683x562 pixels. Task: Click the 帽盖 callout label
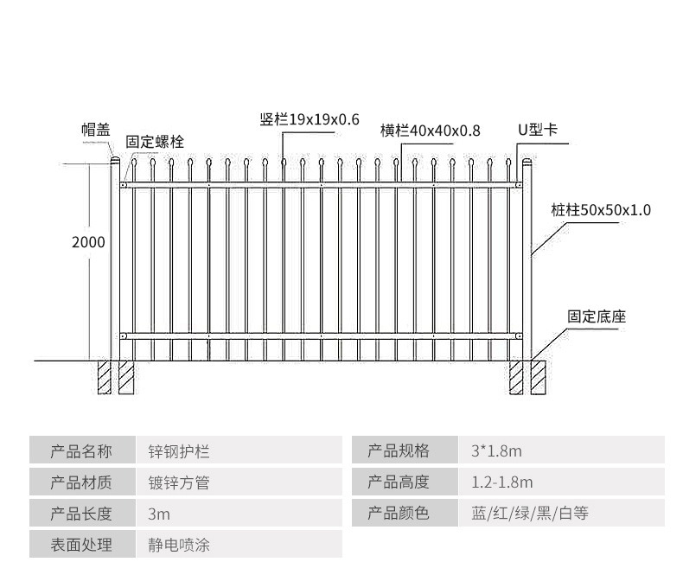96,130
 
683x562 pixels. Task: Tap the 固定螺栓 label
155,142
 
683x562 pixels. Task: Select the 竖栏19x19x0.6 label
309,119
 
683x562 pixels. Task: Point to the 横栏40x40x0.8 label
430,131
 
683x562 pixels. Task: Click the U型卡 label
537,130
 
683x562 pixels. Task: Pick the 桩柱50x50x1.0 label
600,209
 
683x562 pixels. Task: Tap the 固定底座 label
596,316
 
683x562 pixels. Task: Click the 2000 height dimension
88,242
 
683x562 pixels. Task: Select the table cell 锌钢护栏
179,451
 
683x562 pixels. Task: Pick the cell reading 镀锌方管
179,482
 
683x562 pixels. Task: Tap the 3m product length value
159,514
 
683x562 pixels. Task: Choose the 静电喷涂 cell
179,545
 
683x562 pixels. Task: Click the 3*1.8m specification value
497,451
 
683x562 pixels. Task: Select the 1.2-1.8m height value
502,482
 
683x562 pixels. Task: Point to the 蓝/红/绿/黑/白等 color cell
530,514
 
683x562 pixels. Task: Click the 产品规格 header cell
399,451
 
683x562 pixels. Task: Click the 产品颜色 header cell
399,514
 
